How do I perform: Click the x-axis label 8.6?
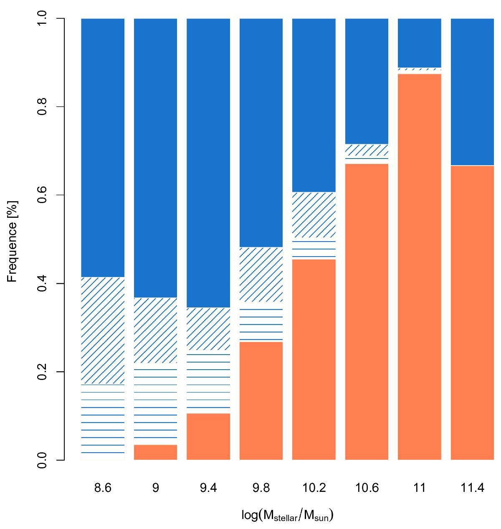[x=103, y=488]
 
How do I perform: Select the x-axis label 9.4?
[x=208, y=488]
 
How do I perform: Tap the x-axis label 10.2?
[x=314, y=488]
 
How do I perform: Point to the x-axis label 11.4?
[x=473, y=488]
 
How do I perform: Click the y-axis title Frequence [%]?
[x=13, y=239]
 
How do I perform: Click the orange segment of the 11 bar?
[x=420, y=267]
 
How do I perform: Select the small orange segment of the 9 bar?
[x=155, y=452]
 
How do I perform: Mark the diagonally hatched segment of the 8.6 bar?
[x=103, y=330]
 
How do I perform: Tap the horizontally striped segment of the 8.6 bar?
[x=103, y=422]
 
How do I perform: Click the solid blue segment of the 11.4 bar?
[x=473, y=92]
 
